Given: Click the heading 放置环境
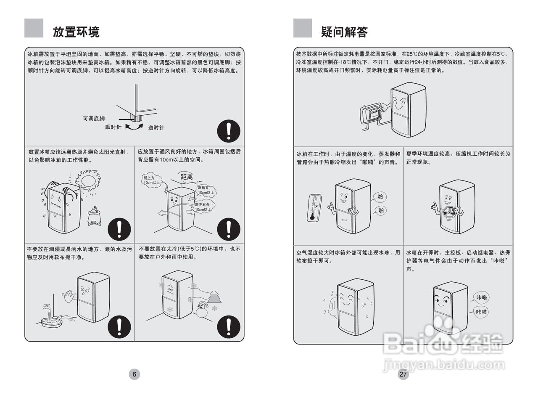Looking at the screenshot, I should [x=76, y=32].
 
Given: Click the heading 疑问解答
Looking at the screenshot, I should [x=344, y=32].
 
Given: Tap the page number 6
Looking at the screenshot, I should [x=134, y=374].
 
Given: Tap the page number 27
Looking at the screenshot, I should [x=403, y=374].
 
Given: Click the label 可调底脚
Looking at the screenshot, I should [x=93, y=119].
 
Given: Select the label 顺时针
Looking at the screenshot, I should [x=113, y=127].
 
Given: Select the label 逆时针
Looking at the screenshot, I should [x=156, y=127].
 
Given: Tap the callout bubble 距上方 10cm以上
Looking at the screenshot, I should [x=152, y=180].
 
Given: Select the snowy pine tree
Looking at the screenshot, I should [x=214, y=297].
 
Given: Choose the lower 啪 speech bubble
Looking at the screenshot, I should [x=380, y=210].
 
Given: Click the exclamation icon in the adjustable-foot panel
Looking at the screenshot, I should [x=228, y=131].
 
